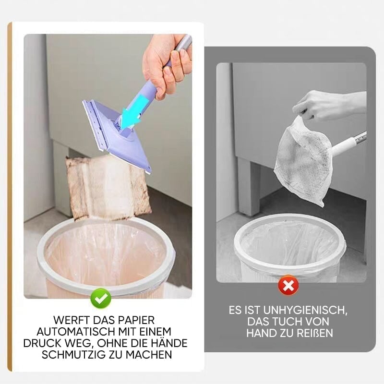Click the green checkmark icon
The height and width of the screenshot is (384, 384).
tap(101, 298)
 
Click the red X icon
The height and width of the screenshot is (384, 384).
tap(288, 285)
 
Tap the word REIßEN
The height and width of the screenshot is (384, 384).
tap(315, 333)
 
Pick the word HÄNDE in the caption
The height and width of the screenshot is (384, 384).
tap(168, 343)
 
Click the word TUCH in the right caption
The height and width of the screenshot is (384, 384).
tap(288, 322)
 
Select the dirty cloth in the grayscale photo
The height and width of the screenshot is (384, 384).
tap(303, 162)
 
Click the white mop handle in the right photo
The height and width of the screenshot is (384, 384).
tap(349, 144)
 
